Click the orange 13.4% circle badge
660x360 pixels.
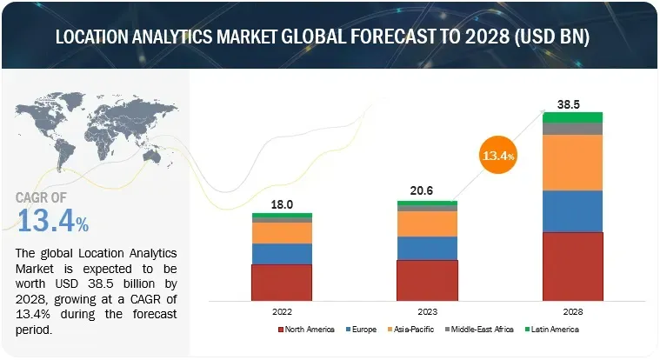[x=498, y=157]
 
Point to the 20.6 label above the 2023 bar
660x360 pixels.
[x=426, y=190]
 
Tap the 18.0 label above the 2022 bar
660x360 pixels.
[x=282, y=203]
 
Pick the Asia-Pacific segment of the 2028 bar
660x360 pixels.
[x=572, y=163]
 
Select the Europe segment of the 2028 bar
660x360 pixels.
[x=572, y=211]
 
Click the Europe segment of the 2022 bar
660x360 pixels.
[x=282, y=254]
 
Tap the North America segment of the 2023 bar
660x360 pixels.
[x=427, y=280]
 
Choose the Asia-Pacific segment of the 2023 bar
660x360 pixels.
[x=427, y=223]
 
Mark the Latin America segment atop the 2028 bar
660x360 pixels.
[x=572, y=117]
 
